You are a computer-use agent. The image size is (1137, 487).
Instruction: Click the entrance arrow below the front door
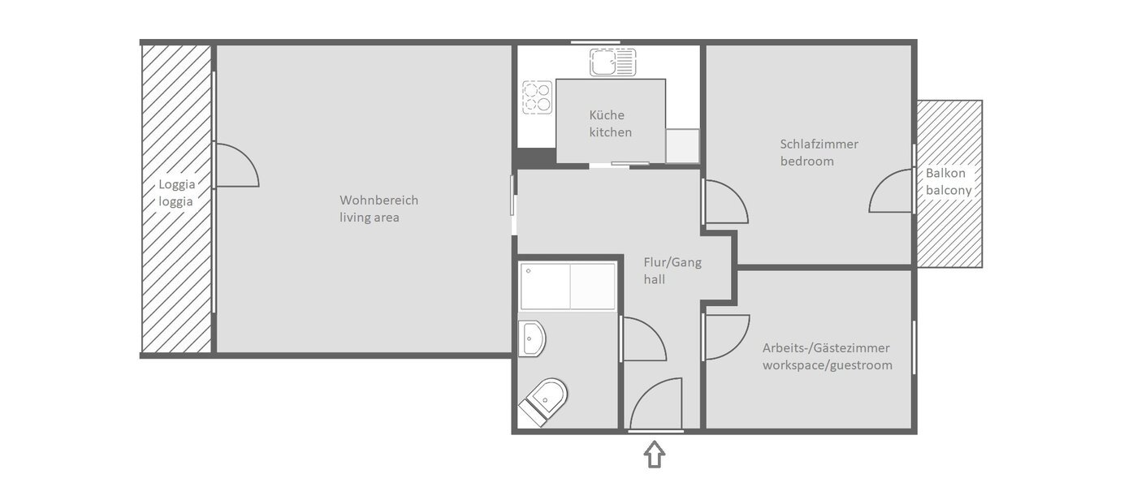(655, 454)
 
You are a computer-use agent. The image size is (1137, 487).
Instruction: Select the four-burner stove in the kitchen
(536, 97)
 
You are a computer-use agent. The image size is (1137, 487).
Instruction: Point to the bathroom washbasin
(532, 338)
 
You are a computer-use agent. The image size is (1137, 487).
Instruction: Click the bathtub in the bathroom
(568, 286)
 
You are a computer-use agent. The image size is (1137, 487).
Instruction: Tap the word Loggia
(177, 183)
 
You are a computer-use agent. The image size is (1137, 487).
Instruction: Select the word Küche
(607, 115)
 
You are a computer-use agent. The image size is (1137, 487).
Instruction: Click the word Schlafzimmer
(819, 144)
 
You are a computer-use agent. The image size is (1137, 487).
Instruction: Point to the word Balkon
(945, 173)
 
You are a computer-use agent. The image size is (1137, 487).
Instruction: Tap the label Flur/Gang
(672, 262)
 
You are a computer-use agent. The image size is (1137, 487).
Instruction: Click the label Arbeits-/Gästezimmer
(825, 348)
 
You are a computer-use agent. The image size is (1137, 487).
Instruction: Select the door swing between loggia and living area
(236, 166)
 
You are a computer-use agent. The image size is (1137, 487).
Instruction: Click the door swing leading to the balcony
(891, 192)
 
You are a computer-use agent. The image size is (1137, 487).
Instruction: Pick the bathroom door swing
(643, 340)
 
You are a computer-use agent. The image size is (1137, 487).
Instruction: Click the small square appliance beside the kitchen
(681, 146)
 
